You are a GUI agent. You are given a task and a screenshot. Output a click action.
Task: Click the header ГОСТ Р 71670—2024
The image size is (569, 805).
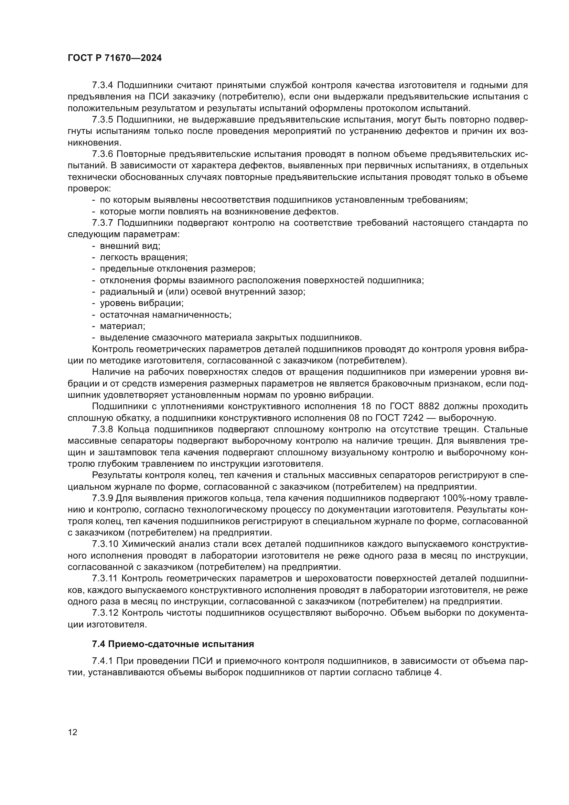[115, 58]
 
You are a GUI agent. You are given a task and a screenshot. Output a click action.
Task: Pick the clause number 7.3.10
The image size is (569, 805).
[105, 544]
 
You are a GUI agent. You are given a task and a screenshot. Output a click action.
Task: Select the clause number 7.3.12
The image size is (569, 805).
[105, 613]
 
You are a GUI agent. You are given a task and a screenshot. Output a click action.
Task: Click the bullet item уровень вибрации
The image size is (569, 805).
[141, 303]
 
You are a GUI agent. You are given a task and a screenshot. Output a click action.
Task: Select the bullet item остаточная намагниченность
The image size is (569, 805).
[165, 315]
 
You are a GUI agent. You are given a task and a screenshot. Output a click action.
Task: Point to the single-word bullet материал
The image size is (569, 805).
[122, 326]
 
